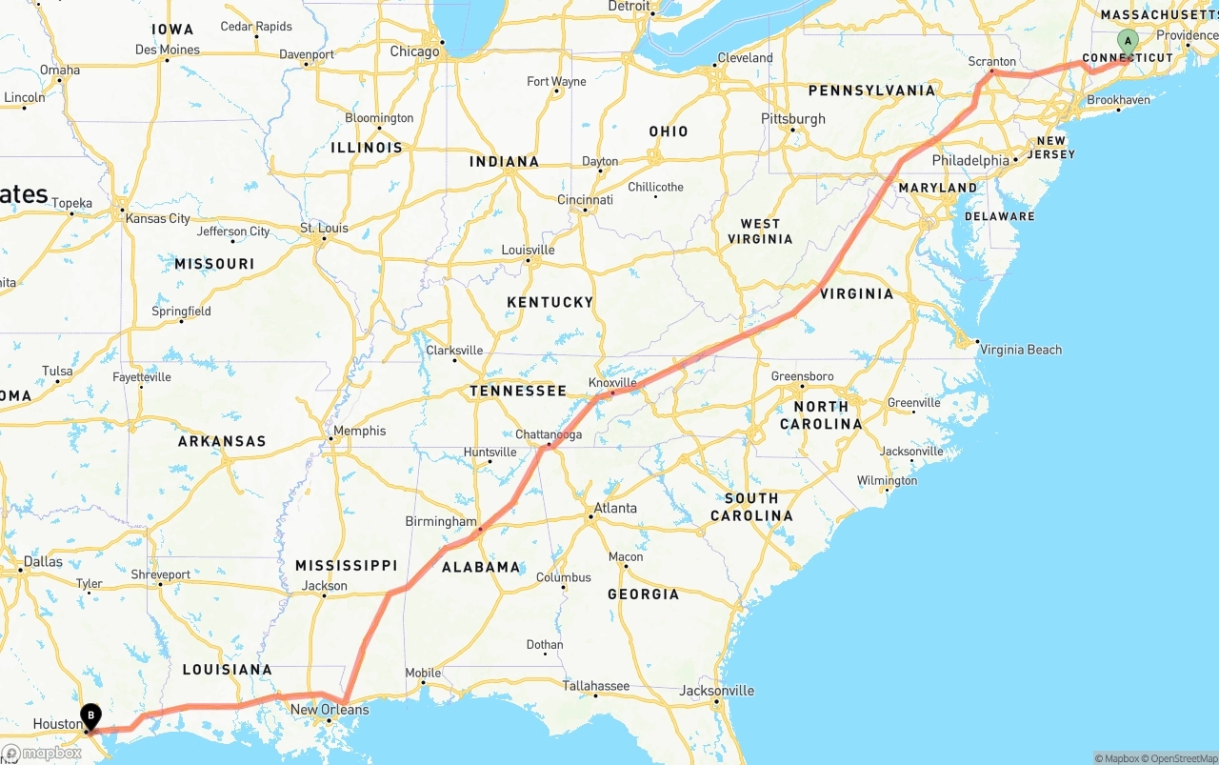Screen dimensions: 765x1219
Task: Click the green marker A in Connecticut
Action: pos(1128,42)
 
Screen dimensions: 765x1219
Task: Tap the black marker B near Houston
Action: pos(90,715)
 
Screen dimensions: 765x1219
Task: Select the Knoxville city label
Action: pos(612,382)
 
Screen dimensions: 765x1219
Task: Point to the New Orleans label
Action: pos(330,710)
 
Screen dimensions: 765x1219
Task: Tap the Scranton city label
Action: pos(991,61)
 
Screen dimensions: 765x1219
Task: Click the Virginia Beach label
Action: pos(1020,350)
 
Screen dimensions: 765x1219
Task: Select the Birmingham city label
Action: pos(441,521)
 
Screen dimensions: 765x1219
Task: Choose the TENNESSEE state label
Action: pos(518,391)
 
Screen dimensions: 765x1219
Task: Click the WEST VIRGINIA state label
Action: pos(760,232)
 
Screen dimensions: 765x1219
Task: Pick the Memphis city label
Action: pos(359,431)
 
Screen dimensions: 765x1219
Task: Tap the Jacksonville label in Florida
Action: pos(717,691)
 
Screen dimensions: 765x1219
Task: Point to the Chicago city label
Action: pos(414,51)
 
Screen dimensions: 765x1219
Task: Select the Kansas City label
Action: pos(158,218)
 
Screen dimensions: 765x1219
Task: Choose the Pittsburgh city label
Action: pos(793,119)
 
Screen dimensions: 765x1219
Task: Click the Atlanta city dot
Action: pos(590,517)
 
